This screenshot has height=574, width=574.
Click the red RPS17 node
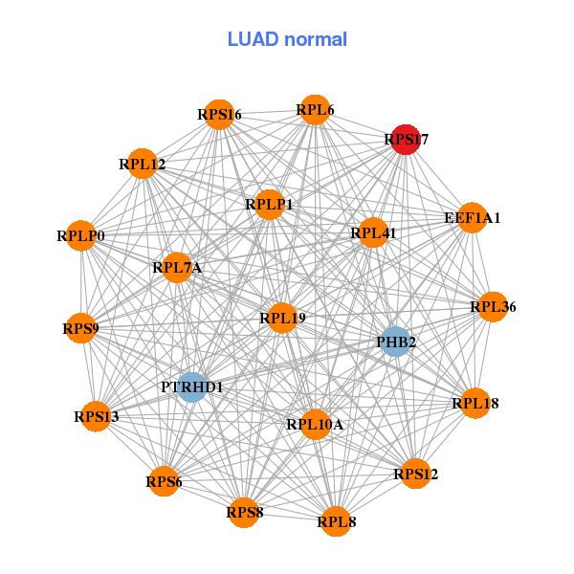click(x=406, y=140)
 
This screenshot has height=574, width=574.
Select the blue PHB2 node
click(x=396, y=342)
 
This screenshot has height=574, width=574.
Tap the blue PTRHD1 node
click(x=192, y=387)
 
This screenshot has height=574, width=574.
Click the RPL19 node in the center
click(x=281, y=318)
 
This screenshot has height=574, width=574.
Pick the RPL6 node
click(x=315, y=111)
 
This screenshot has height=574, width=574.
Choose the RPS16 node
click(x=220, y=115)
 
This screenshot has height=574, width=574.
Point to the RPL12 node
click(x=143, y=165)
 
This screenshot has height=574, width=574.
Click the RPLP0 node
click(x=81, y=235)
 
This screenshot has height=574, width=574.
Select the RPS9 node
click(x=81, y=328)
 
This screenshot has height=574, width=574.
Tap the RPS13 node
click(x=97, y=416)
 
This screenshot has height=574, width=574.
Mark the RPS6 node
click(x=165, y=481)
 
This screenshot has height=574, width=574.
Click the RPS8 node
click(x=244, y=513)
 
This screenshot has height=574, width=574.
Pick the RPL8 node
click(x=336, y=521)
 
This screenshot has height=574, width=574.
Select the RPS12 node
click(x=415, y=474)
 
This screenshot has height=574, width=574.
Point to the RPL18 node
click(x=475, y=403)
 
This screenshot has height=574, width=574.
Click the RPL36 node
click(x=493, y=307)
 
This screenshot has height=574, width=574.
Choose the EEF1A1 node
click(x=472, y=218)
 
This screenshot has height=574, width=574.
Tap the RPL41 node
click(x=373, y=232)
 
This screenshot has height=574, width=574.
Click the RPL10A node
click(x=316, y=424)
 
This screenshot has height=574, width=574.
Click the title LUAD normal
click(x=287, y=39)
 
